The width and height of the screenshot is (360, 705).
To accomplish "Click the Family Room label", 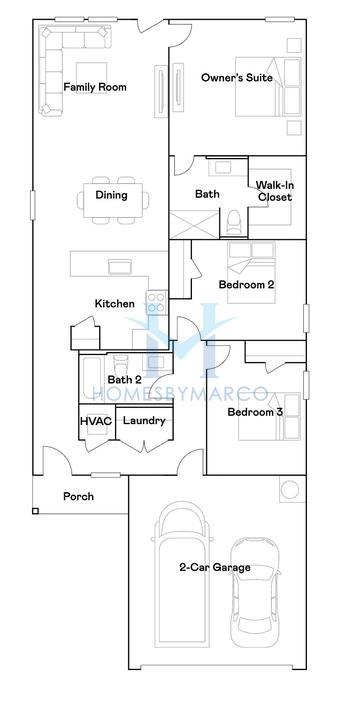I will [x=95, y=88].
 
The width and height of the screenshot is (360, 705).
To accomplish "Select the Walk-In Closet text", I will [x=274, y=191].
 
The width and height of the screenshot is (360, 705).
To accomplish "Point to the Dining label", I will [x=111, y=195].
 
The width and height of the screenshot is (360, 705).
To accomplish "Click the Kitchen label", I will [x=115, y=304].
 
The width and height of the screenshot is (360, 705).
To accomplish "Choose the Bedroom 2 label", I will [x=247, y=284].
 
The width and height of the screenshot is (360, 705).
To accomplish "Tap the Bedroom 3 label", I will [x=255, y=412].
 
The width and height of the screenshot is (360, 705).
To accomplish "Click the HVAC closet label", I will [x=96, y=421].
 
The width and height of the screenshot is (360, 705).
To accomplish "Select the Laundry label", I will [x=144, y=421].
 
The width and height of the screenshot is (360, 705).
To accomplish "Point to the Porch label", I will [x=78, y=496].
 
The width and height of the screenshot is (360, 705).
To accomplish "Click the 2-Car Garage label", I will [x=214, y=568].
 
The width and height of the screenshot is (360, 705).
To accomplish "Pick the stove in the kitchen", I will [x=155, y=302].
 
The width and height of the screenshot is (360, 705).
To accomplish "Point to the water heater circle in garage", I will [x=290, y=490].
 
